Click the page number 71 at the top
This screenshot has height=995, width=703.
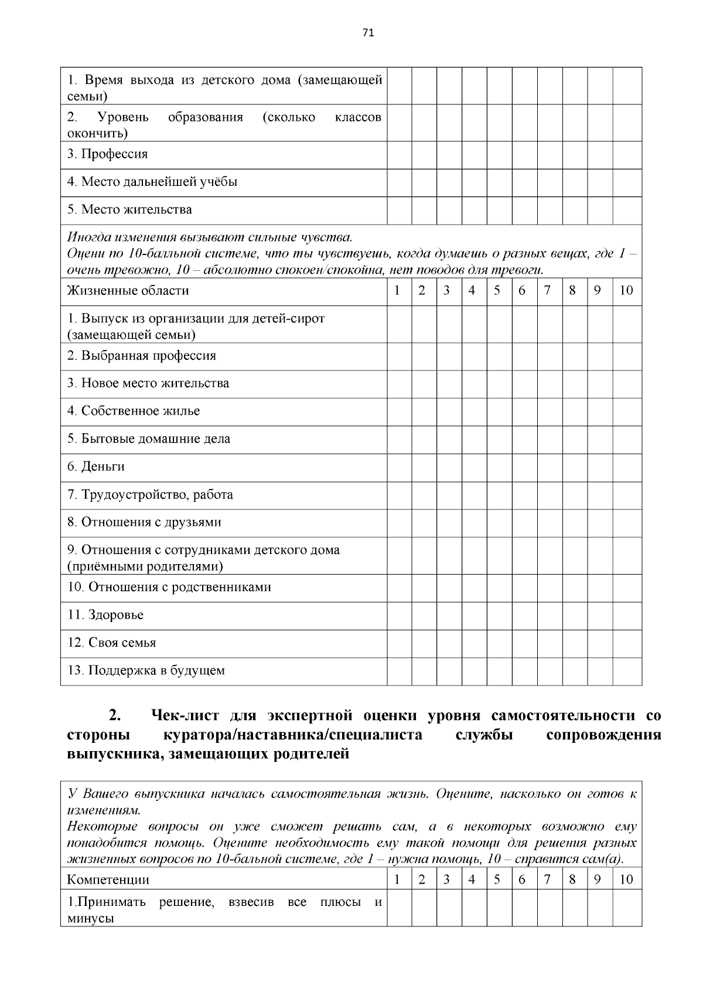368,33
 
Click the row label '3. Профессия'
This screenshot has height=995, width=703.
107,154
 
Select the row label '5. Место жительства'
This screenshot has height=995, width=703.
129,210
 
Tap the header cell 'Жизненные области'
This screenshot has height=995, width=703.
128,291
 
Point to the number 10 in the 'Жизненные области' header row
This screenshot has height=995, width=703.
626,291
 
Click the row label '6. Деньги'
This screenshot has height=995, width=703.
96,467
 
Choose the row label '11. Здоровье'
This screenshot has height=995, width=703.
105,615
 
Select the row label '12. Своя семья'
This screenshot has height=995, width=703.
111,643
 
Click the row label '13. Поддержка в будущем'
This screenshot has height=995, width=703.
146,671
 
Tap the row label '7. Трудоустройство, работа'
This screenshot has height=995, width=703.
150,495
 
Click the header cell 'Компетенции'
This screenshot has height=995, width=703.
108,879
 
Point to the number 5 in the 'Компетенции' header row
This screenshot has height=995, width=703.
497,879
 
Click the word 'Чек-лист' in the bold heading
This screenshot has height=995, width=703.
186,716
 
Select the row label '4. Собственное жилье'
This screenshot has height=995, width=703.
134,411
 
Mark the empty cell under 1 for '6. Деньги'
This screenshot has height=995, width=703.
398,467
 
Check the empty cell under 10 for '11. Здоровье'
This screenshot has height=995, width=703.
627,616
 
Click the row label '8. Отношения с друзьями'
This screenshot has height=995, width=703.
144,522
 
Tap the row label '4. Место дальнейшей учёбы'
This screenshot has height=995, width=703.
152,182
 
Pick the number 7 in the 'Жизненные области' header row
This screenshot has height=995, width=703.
547,291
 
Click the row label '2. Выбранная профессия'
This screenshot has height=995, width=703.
141,356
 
